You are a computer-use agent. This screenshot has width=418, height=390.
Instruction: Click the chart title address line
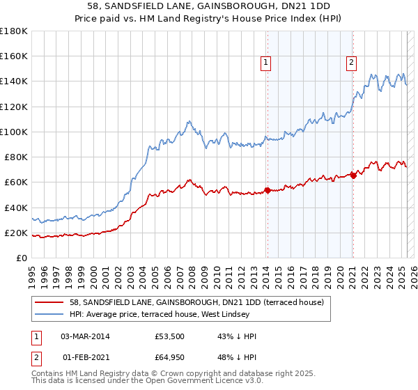coord(208,6)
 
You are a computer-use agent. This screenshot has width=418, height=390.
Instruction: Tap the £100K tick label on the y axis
coord(14,132)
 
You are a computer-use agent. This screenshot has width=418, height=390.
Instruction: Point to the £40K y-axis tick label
coord(16,208)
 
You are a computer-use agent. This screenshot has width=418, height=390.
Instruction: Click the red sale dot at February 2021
coord(353,175)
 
